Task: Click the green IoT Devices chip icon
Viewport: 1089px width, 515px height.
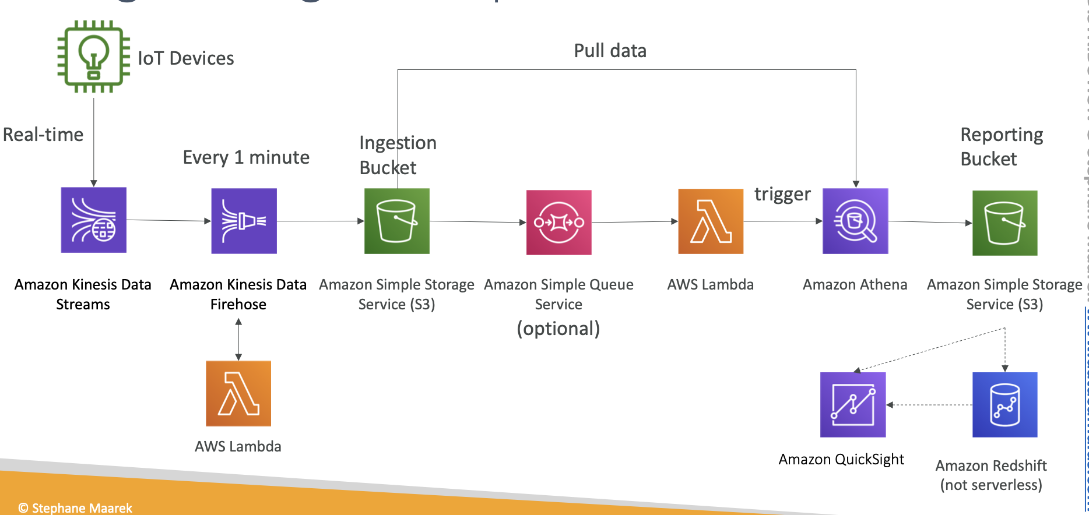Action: [94, 57]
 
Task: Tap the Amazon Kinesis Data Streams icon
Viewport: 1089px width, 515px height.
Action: [94, 220]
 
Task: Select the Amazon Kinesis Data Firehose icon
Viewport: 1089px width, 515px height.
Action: [244, 221]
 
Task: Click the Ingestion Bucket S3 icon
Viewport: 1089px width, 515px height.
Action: [397, 221]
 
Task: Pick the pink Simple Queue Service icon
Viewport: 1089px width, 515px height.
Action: [558, 222]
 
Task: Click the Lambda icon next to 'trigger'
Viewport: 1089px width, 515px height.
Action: [711, 221]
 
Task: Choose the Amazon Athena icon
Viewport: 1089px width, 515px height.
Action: [855, 221]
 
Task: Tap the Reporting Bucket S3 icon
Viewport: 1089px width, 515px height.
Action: [1004, 223]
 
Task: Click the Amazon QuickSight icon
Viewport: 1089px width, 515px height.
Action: [853, 405]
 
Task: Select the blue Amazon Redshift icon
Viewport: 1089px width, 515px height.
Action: [1004, 405]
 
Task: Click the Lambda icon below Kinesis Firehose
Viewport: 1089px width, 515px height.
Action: [238, 393]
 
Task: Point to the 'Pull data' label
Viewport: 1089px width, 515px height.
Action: [610, 51]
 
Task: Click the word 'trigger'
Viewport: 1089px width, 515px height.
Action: [782, 194]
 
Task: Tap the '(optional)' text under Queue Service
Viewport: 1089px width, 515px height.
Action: [558, 329]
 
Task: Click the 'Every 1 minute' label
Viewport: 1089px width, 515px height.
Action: [246, 157]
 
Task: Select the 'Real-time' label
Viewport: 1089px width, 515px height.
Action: [43, 135]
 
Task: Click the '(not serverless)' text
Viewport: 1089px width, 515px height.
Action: [991, 485]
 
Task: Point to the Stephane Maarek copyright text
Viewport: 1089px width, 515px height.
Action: [76, 508]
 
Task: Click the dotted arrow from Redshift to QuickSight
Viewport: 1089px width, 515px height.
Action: [929, 405]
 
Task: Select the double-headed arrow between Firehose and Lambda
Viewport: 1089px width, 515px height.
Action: [238, 340]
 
